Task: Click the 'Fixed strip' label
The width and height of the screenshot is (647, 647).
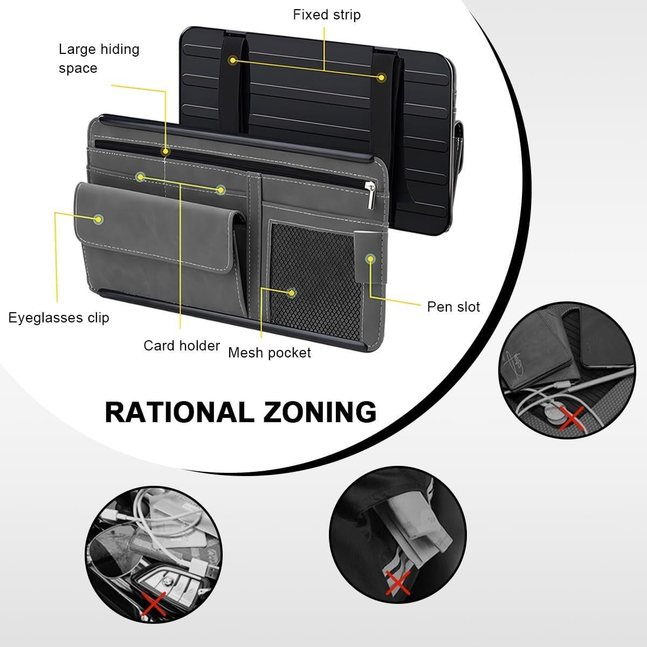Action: click(x=327, y=15)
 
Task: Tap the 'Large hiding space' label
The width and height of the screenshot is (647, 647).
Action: click(x=99, y=58)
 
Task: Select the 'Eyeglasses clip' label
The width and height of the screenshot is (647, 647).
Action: click(x=59, y=318)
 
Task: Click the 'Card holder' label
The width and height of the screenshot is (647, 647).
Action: click(x=182, y=346)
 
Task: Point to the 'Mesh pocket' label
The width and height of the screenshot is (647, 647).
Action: click(x=269, y=353)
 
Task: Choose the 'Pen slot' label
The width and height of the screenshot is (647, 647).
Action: click(x=453, y=307)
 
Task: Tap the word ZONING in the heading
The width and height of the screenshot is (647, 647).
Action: click(x=320, y=412)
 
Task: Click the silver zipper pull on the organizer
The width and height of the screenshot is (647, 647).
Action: click(x=370, y=195)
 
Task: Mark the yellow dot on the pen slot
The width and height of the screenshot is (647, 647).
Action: click(x=370, y=259)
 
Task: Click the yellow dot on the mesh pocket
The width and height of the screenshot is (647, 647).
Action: click(x=292, y=293)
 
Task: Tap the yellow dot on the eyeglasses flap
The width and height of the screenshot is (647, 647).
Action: click(x=98, y=219)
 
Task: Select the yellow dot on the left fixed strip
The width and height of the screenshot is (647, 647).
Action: click(x=233, y=61)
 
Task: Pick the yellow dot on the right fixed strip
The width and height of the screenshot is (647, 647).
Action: click(x=381, y=78)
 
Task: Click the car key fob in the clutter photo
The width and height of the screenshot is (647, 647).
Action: click(x=168, y=583)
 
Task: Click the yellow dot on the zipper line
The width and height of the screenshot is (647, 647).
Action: click(x=165, y=152)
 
